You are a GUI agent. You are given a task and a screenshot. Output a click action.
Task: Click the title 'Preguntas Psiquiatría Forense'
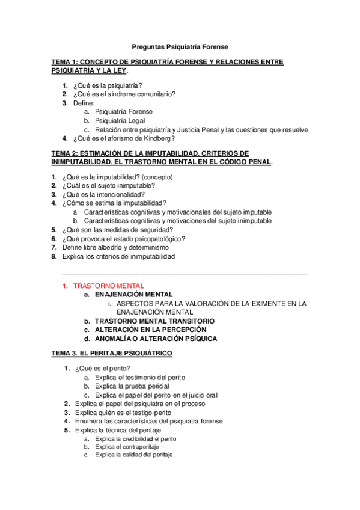[180, 46]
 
